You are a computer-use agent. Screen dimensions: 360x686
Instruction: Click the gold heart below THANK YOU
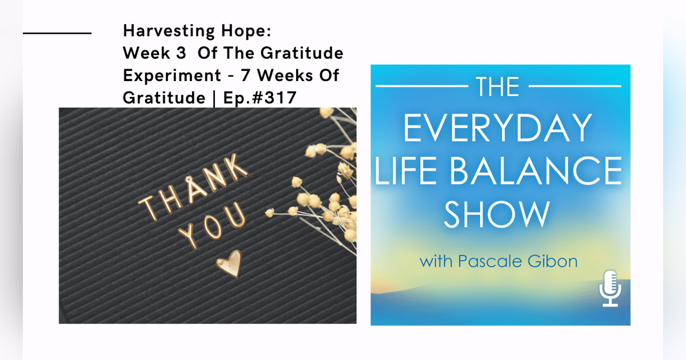coord(229,264)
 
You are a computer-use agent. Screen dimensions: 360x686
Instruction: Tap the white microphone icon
coord(611,289)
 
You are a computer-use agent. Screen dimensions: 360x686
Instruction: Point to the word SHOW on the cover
coord(496,214)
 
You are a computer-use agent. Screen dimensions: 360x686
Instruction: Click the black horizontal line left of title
coord(57,33)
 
